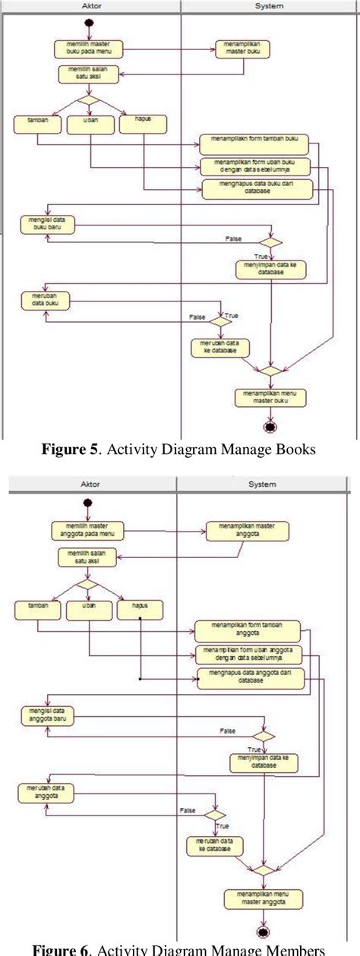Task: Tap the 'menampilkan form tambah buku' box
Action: tap(259, 142)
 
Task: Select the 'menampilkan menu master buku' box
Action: tap(270, 396)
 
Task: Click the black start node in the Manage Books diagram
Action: tap(89, 22)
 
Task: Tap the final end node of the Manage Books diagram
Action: tap(270, 426)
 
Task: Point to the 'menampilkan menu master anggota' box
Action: tap(262, 897)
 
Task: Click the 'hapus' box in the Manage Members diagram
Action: tap(140, 609)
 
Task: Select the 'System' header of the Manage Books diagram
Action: tap(270, 6)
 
